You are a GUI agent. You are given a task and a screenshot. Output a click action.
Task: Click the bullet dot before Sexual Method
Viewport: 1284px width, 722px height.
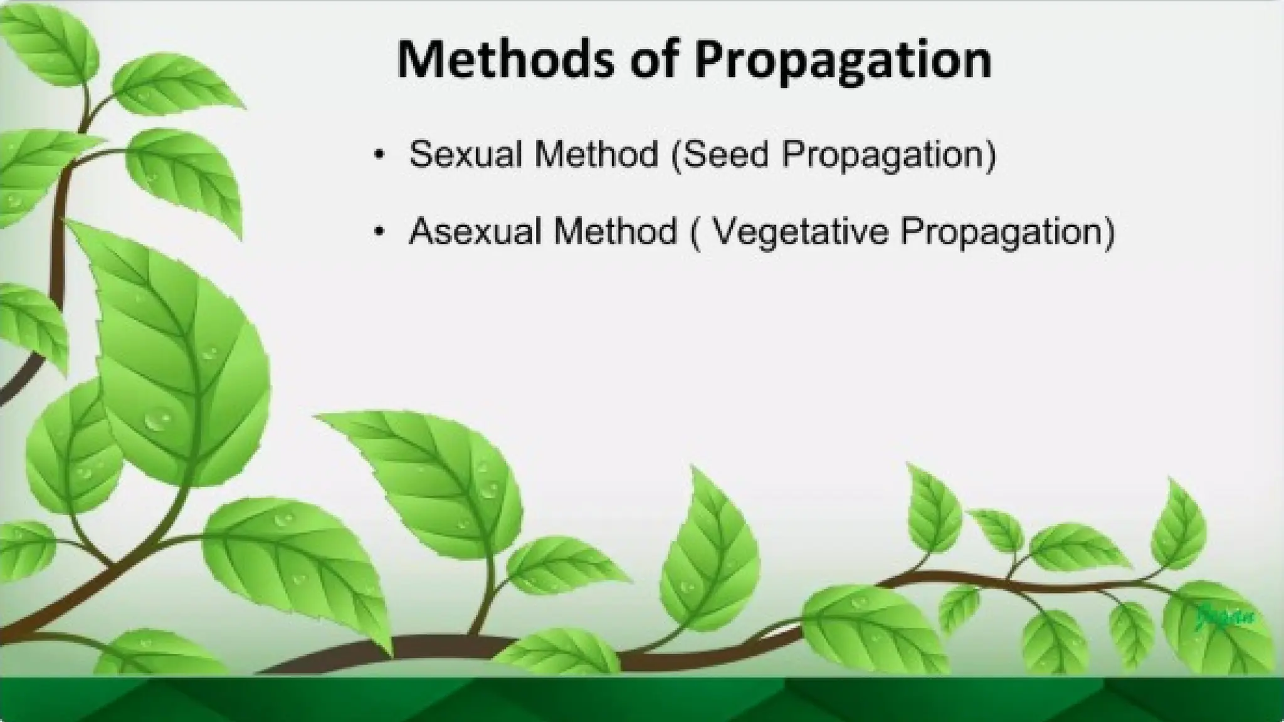pos(377,155)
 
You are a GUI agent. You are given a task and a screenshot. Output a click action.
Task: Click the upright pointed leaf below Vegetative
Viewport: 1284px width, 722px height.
pos(708,552)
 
